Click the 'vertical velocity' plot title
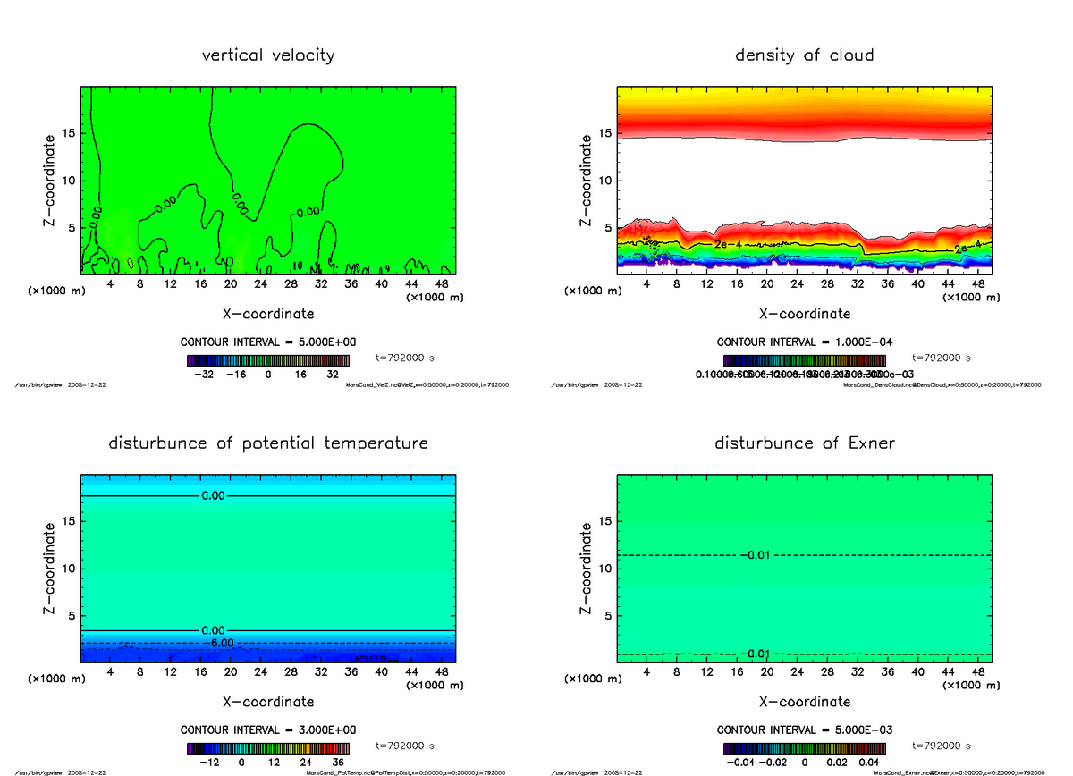click(268, 55)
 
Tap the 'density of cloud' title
click(804, 55)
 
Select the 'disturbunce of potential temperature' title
click(268, 443)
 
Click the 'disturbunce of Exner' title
click(804, 443)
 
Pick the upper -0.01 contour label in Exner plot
click(756, 556)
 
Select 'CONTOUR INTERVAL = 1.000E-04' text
click(805, 342)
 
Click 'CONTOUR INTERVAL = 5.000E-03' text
click(805, 730)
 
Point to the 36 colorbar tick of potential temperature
click(339, 763)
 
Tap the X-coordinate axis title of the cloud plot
click(804, 314)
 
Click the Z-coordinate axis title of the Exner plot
click(587, 569)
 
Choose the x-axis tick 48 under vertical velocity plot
click(442, 284)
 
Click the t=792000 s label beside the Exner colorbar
click(941, 746)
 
